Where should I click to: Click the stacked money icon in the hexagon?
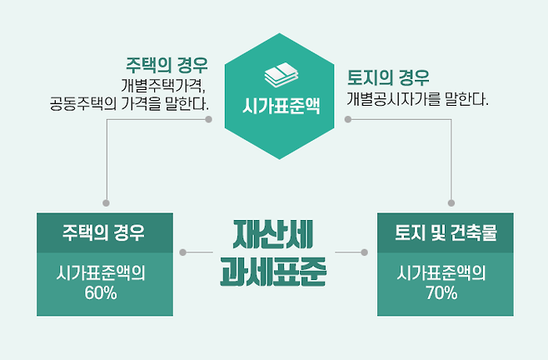(x=274, y=77)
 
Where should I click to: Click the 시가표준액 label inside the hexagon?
(x=274, y=106)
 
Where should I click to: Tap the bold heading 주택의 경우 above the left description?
(x=167, y=65)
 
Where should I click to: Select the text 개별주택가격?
(x=163, y=85)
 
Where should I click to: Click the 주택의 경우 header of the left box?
(x=104, y=233)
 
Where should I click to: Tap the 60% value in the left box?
(x=104, y=292)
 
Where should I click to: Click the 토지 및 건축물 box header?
(x=445, y=233)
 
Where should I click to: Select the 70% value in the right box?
(x=445, y=292)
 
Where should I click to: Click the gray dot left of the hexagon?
(x=208, y=119)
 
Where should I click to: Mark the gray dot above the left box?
(x=106, y=202)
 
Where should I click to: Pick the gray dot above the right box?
(x=451, y=202)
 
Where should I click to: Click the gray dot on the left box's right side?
(x=184, y=252)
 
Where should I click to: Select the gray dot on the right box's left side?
(x=365, y=252)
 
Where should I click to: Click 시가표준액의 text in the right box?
(x=445, y=272)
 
